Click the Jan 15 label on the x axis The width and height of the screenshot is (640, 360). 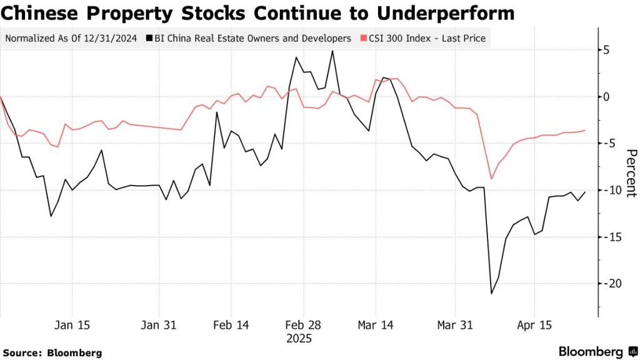[72, 326]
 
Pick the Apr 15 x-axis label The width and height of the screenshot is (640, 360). [535, 326]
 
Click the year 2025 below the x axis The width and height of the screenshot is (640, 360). [298, 339]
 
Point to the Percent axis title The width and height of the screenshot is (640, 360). [631, 173]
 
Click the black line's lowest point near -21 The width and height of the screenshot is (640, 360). [491, 294]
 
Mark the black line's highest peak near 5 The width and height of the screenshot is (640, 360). [332, 51]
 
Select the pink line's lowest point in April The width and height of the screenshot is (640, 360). [492, 179]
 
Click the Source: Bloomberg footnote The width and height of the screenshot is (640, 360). [52, 353]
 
